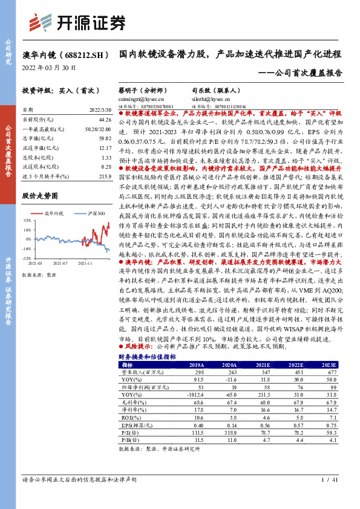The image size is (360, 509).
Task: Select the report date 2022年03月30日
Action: (x=49, y=68)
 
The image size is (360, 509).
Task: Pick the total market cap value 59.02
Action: (x=105, y=138)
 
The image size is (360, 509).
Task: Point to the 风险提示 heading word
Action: (x=134, y=347)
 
